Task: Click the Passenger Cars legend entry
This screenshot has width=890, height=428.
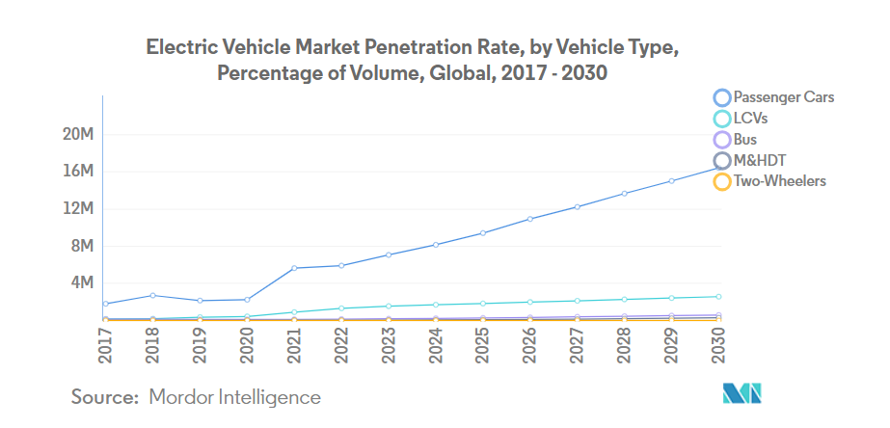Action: click(772, 97)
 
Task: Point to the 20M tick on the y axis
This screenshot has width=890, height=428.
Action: click(77, 134)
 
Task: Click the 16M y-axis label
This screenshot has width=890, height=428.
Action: click(77, 172)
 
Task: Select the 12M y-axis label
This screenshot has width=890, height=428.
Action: click(77, 209)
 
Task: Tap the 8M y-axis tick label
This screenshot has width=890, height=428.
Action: click(80, 246)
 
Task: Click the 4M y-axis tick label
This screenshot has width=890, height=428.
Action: click(80, 283)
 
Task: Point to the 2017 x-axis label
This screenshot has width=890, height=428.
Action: click(105, 345)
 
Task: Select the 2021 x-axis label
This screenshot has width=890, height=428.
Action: click(294, 345)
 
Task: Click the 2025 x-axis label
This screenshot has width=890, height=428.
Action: click(482, 345)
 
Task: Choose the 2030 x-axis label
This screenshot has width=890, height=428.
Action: click(718, 345)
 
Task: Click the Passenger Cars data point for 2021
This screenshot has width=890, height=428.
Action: click(294, 268)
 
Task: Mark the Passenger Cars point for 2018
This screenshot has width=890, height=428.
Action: click(152, 295)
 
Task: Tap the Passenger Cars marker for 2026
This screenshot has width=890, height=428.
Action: click(529, 219)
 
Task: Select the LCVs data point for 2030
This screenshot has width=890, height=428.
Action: click(718, 297)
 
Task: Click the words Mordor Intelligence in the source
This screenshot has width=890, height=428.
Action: click(234, 396)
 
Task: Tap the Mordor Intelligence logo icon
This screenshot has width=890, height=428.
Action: click(742, 394)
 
